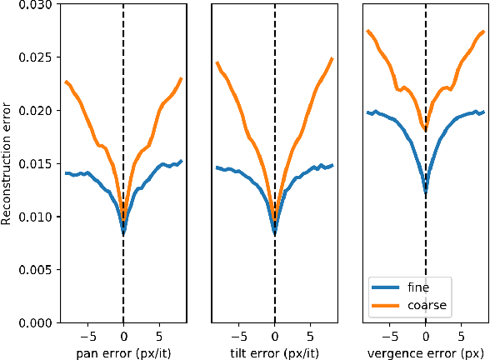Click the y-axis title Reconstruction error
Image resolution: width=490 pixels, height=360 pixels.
tap(7, 163)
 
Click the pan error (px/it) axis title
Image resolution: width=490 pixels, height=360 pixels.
tap(123, 352)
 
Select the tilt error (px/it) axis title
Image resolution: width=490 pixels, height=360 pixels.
tap(274, 352)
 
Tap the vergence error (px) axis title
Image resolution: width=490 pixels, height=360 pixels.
tap(425, 352)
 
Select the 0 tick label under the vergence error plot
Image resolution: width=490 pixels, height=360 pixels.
tap(426, 337)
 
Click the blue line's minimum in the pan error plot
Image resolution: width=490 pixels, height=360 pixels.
tap(123, 233)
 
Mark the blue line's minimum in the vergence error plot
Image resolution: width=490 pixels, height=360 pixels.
tap(426, 192)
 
